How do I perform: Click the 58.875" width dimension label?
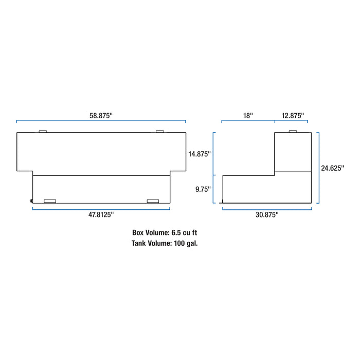click(101, 116)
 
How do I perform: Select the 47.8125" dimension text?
click(101, 214)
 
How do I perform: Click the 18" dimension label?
click(248, 116)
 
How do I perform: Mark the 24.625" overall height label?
click(332, 168)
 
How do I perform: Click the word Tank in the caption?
click(139, 243)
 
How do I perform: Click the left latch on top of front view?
click(43, 132)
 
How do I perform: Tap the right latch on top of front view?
click(160, 132)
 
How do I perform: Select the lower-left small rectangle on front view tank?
click(50, 201)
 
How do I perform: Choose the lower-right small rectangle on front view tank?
click(153, 201)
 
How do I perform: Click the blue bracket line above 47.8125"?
click(101, 208)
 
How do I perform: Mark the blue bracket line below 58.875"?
click(101, 122)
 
